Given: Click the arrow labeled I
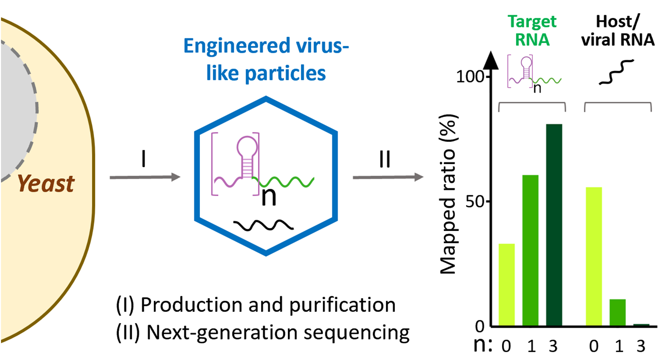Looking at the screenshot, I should coord(145,177).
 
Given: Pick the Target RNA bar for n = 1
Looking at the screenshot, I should coord(531,250).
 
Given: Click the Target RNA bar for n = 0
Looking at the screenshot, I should coord(507,285).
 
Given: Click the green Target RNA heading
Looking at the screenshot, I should coord(532,30).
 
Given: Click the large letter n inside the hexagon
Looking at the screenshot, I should coord(269,196).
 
